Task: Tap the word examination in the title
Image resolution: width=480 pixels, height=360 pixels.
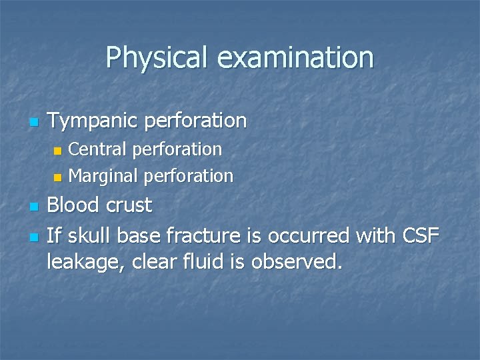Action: [295, 57]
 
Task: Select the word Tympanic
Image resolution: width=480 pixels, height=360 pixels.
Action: [93, 121]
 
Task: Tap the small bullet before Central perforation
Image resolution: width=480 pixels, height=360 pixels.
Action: [57, 150]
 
